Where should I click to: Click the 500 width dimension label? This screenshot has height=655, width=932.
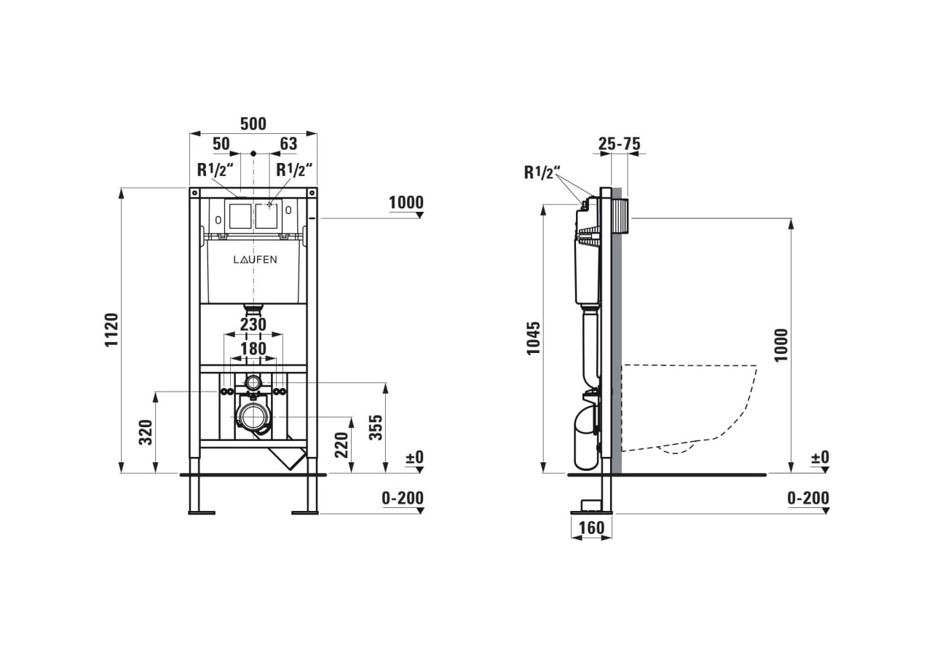click(x=253, y=124)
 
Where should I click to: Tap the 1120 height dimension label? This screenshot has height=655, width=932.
click(x=111, y=330)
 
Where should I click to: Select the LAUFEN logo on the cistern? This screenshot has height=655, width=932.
click(x=255, y=260)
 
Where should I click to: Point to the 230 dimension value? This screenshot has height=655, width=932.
click(x=253, y=325)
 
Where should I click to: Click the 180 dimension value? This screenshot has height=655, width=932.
click(x=253, y=349)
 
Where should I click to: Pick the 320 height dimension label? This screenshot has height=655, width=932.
click(x=146, y=432)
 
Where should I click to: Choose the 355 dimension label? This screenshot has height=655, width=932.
click(x=376, y=427)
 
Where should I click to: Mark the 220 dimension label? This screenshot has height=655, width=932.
click(x=341, y=445)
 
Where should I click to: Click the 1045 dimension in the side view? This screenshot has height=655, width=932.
click(x=533, y=338)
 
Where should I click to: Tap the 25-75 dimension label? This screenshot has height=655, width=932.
click(x=619, y=143)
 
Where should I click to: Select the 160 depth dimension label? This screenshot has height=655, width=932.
click(x=591, y=528)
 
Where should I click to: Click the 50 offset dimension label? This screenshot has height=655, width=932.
click(x=221, y=143)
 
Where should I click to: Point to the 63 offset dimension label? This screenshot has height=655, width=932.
click(x=288, y=143)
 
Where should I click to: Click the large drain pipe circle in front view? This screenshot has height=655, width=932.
click(x=253, y=417)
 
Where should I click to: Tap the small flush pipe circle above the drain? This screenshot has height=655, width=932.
click(x=253, y=382)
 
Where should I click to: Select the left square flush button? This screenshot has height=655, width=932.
click(x=240, y=216)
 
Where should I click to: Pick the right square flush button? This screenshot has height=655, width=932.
click(x=266, y=216)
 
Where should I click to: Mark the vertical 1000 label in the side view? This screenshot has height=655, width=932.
click(x=781, y=345)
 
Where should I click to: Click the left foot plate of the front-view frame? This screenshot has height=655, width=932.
click(x=202, y=513)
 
